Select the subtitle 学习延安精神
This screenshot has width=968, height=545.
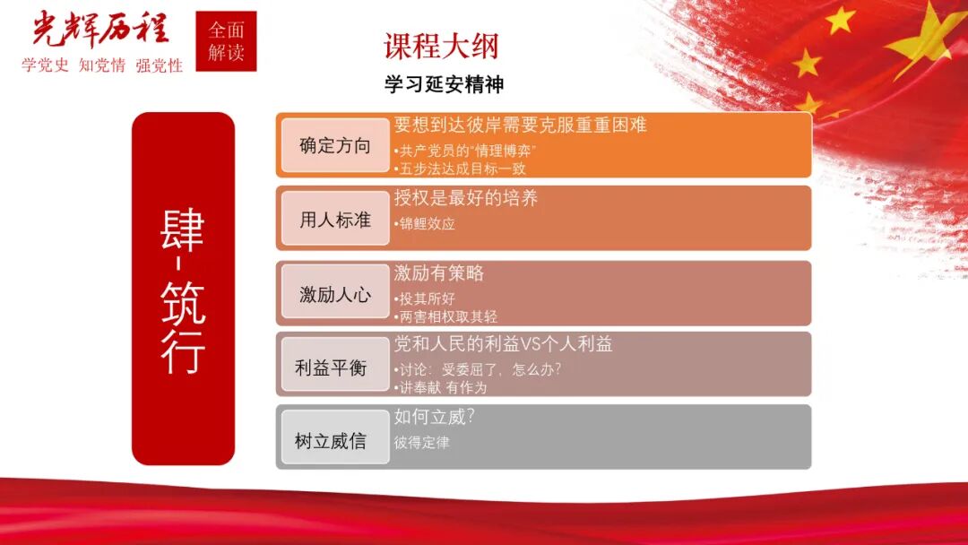point(444,85)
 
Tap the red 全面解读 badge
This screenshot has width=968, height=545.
point(226,41)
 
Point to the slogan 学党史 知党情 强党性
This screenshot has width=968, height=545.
point(101,66)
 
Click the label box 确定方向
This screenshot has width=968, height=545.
point(334,146)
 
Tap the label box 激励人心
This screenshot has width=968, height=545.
point(334,294)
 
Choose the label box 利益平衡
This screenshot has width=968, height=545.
point(334,368)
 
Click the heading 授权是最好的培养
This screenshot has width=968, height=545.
point(466,199)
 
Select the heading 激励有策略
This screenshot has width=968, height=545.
point(439,273)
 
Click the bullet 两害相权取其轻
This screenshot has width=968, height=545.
point(445,316)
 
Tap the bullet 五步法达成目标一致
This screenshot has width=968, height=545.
point(459,168)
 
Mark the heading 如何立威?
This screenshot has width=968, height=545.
point(434,418)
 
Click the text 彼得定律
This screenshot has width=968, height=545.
point(421,443)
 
